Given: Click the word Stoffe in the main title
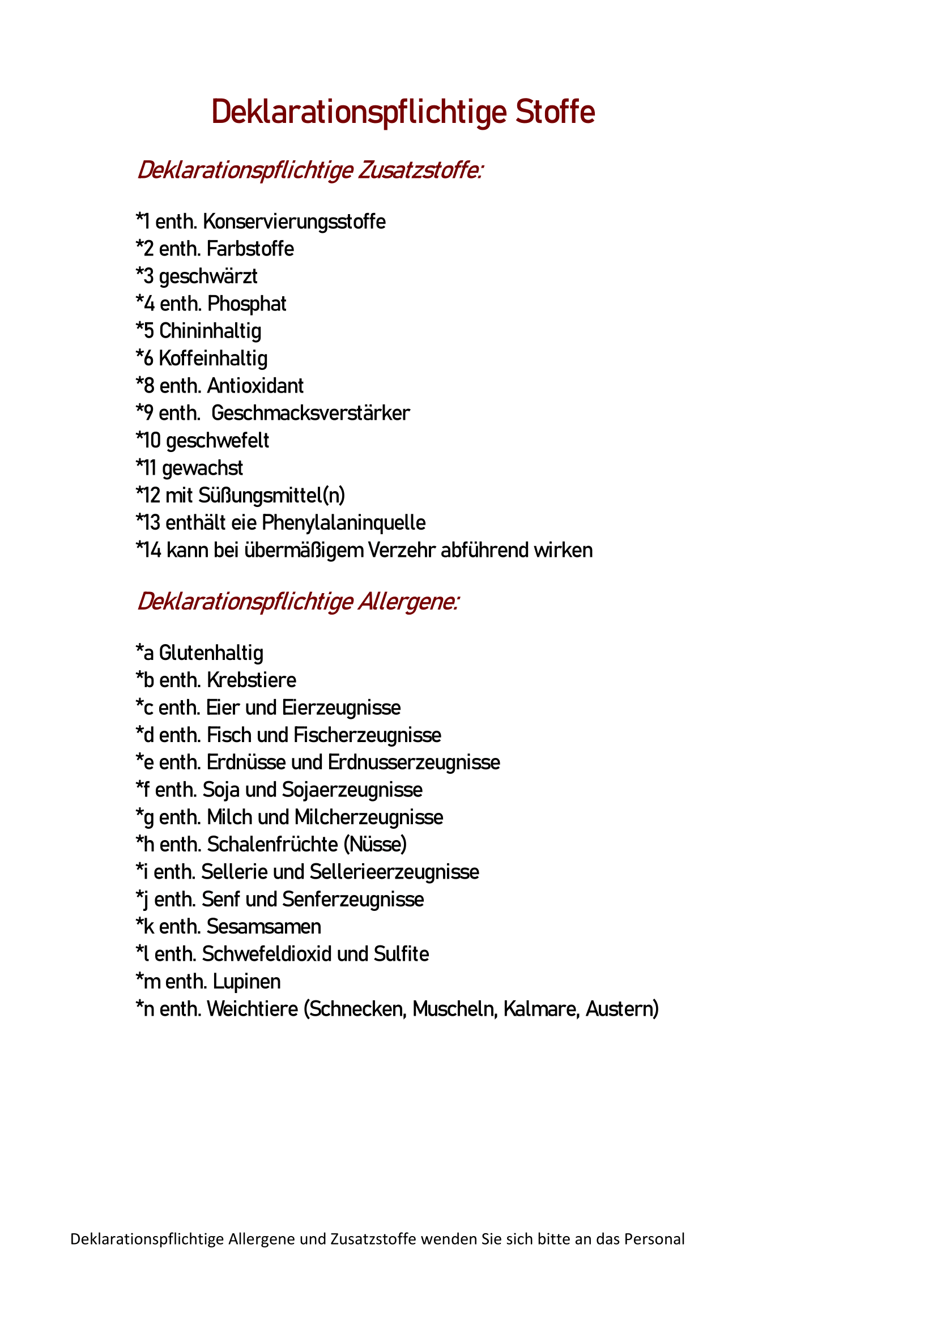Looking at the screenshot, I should point(555,112).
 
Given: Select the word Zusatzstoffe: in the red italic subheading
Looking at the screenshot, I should point(420,171).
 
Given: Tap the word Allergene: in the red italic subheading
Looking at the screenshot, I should point(408,602).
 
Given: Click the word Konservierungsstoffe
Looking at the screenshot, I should point(294,221).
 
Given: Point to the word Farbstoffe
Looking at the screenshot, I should point(250,249).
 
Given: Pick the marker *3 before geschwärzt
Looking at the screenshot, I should point(145,276).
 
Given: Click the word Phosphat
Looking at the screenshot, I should point(247,304).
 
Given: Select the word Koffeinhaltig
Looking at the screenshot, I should point(214,359).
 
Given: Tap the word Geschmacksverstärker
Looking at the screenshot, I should point(310,413).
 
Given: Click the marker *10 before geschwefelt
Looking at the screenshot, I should point(148,441).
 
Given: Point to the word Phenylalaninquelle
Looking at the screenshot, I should point(344,523).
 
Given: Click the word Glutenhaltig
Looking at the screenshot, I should point(211,653).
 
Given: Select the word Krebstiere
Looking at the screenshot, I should point(252,680).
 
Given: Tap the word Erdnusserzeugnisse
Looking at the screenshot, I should point(414,762).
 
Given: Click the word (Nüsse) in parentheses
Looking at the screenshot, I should point(376,844).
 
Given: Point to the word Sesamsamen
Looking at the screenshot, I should point(264,927).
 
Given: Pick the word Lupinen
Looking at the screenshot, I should point(246,982).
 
